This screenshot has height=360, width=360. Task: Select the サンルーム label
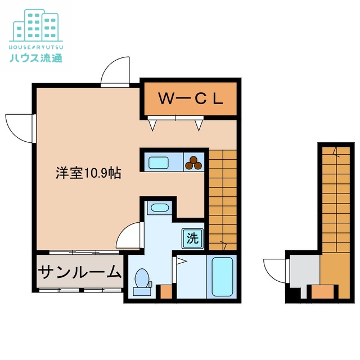tap(80, 273)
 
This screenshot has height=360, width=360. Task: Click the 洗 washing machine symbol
tap(192, 237)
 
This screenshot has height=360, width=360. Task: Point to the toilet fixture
tap(142, 280)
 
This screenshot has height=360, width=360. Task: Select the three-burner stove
tap(195, 163)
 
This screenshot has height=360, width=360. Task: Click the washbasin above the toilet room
tap(160, 208)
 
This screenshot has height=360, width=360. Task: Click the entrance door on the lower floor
tap(276, 268)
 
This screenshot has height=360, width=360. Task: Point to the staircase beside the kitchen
tap(222, 197)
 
